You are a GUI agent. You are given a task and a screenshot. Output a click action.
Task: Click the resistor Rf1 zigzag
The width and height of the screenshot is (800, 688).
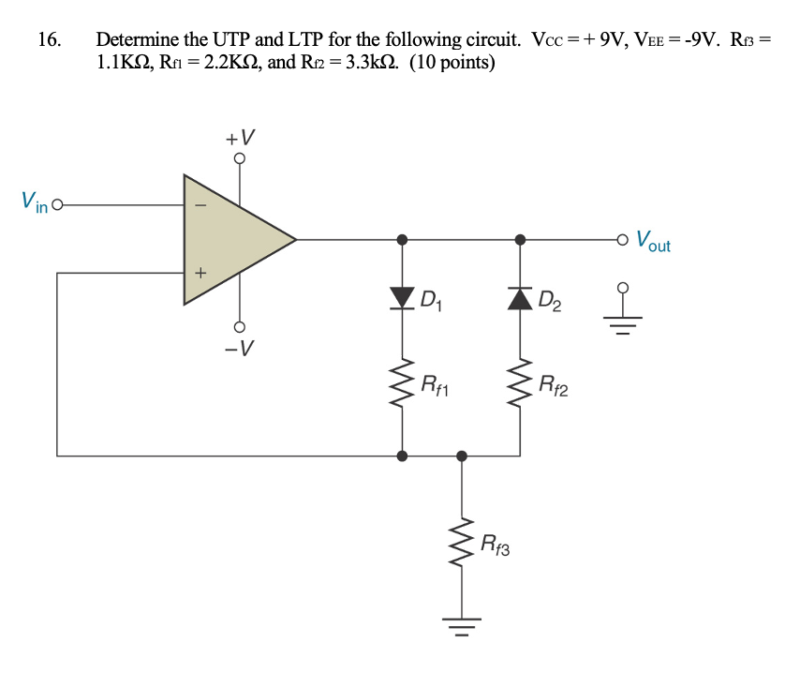tap(403, 382)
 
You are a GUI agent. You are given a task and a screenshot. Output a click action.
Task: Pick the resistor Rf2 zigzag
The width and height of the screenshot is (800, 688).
tap(521, 382)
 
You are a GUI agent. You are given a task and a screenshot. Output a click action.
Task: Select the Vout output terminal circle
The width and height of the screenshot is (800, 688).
tap(623, 240)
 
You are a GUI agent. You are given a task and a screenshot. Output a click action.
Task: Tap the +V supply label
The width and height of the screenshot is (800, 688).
tap(239, 138)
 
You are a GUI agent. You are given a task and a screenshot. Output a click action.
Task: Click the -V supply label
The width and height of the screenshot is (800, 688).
tap(239, 350)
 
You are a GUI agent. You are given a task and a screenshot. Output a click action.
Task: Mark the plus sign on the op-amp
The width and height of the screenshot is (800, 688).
tap(199, 274)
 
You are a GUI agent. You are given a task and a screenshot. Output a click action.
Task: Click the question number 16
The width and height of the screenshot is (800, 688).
tap(49, 40)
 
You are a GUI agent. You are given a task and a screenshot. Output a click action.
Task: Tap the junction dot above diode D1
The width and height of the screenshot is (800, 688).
tap(403, 240)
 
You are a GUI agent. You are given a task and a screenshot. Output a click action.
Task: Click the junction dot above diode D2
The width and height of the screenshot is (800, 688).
tap(521, 240)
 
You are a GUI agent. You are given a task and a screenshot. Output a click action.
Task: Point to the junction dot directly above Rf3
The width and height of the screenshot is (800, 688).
tap(461, 456)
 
